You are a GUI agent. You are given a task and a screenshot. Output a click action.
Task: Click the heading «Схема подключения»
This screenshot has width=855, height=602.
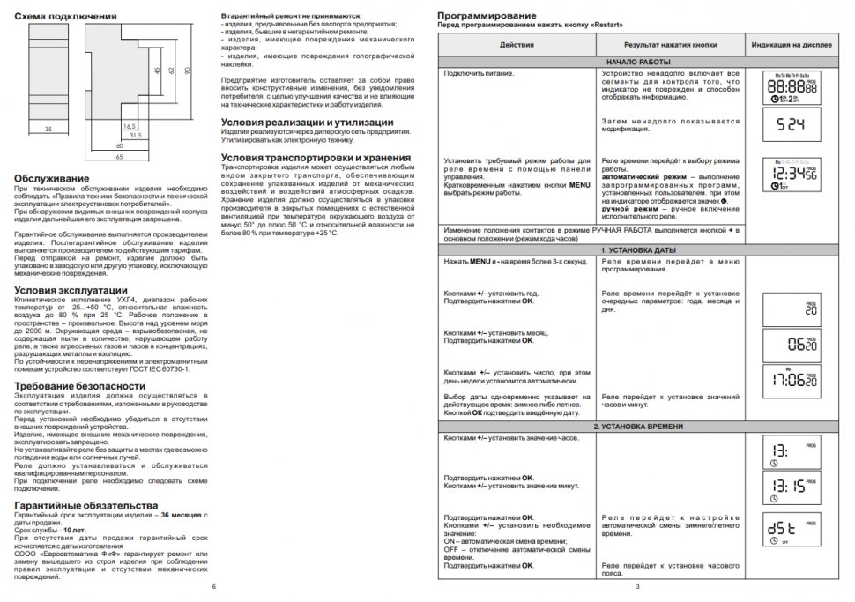tap(65, 17)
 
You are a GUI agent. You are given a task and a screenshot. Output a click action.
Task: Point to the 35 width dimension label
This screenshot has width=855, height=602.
tap(47, 129)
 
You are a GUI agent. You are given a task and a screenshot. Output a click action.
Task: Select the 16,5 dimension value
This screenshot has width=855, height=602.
tap(130, 126)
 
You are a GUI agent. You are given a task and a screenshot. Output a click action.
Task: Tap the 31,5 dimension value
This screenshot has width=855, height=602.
tap(135, 135)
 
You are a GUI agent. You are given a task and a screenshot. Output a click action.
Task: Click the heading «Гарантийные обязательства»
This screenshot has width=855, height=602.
tap(86, 505)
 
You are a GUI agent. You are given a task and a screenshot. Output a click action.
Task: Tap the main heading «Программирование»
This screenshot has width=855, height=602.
tap(487, 16)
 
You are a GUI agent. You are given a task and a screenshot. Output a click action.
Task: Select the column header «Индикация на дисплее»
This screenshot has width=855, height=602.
tap(792, 44)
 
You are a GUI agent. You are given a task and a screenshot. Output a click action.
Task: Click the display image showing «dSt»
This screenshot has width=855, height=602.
tap(791, 529)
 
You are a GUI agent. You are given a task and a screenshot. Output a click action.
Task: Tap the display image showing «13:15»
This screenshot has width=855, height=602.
tap(791, 487)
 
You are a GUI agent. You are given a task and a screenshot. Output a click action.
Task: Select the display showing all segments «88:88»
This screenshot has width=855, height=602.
tap(791, 89)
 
